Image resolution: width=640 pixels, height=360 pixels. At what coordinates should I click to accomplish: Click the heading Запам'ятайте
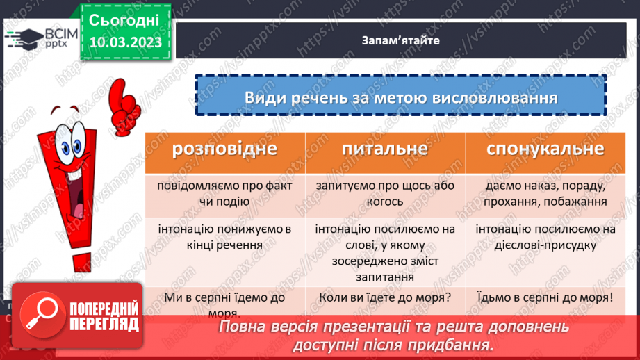point(401,40)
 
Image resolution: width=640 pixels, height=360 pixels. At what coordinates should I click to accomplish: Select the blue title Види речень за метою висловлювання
point(401,97)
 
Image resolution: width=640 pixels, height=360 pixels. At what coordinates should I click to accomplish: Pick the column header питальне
point(384,149)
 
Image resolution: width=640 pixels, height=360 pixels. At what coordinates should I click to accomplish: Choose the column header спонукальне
point(545,149)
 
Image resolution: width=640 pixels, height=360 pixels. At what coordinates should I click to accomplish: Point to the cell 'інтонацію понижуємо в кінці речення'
point(224,236)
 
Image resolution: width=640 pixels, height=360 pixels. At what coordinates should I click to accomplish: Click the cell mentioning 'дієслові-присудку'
point(545,236)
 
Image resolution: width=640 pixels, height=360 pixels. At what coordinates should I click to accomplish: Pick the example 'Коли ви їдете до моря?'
point(384,297)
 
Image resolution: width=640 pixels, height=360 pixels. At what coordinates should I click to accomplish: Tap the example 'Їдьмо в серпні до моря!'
point(545,297)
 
